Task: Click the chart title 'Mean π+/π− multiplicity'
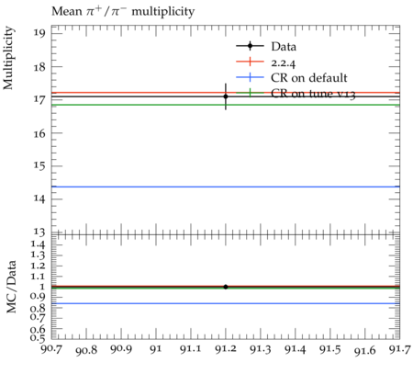pos(123,12)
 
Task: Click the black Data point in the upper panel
pos(226,96)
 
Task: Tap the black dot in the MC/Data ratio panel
pos(226,287)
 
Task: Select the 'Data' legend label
pos(284,47)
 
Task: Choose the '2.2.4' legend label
pos(284,62)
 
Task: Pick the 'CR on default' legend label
pos(309,78)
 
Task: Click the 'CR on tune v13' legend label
pos(313,94)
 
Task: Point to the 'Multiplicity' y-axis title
pos(8,58)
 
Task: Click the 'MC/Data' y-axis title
pos(11,287)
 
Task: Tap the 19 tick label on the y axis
pos(39,33)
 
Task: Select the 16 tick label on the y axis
pos(39,133)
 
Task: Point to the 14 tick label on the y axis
pos(39,199)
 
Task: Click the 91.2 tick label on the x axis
pos(226,349)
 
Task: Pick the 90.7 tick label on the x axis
pos(51,349)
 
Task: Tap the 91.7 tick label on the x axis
pos(400,349)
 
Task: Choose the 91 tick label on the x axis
pos(156,349)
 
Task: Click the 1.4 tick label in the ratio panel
pos(38,244)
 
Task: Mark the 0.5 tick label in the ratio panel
pos(38,338)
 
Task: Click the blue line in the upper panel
pos(226,187)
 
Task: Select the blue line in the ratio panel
pos(226,303)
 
